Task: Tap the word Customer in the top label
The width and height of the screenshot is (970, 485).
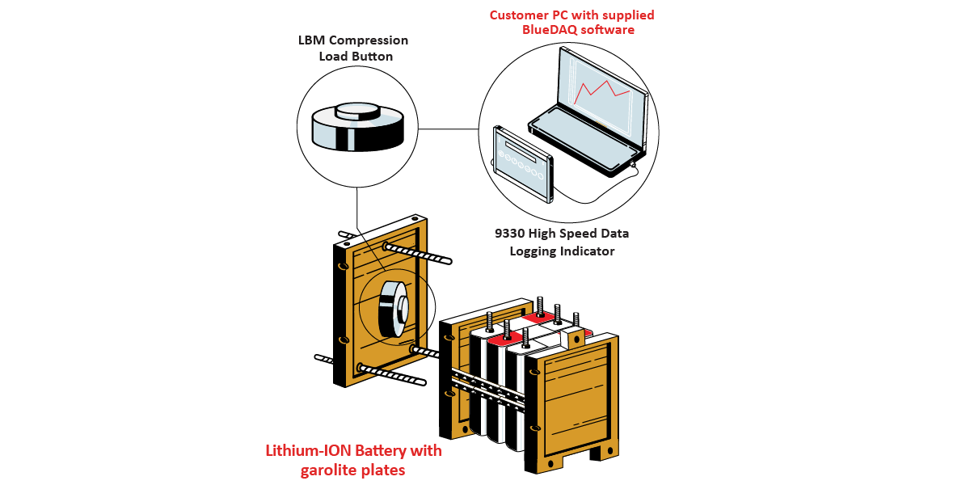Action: pyautogui.click(x=518, y=15)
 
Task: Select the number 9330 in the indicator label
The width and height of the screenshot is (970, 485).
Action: pyautogui.click(x=511, y=234)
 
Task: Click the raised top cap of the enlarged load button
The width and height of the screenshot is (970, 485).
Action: pyautogui.click(x=357, y=111)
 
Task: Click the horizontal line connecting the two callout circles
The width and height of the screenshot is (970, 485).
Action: pyautogui.click(x=449, y=128)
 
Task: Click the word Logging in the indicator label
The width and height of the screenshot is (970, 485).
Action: pyautogui.click(x=534, y=251)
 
